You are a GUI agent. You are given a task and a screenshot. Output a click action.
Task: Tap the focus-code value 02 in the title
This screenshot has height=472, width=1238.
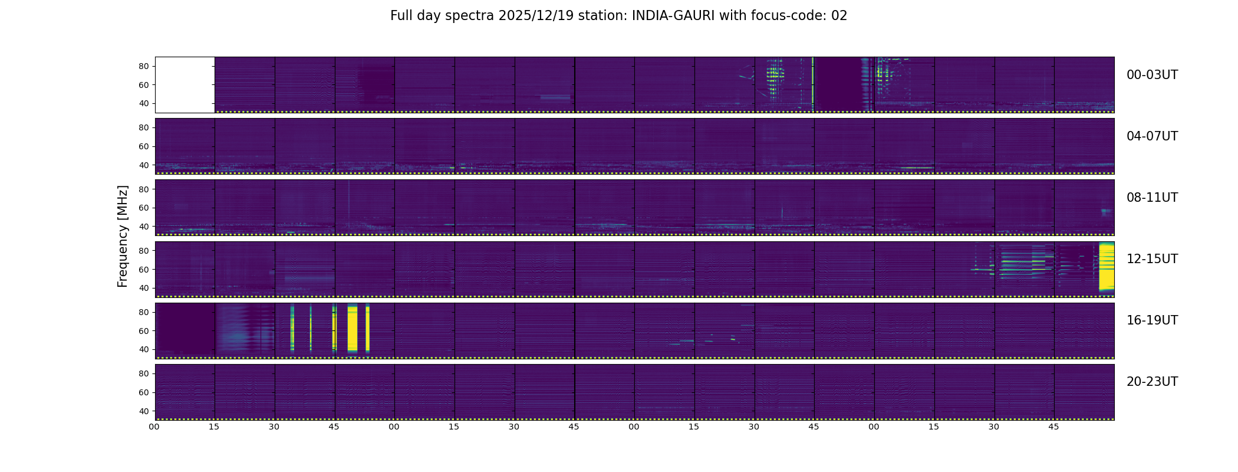coord(839,16)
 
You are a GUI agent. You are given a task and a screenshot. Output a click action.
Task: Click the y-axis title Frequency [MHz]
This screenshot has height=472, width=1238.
coord(123,237)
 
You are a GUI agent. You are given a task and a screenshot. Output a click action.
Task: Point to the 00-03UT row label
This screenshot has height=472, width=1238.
coord(1152,75)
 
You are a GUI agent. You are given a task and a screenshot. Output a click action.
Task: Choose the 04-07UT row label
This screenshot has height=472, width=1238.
coord(1152,136)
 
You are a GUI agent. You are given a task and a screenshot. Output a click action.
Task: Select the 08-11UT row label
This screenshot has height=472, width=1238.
coord(1152,198)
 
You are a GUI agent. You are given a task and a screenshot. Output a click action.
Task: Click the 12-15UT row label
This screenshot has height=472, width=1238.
coord(1152,259)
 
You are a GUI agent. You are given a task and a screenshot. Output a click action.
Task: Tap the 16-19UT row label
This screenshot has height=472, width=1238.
coord(1152,320)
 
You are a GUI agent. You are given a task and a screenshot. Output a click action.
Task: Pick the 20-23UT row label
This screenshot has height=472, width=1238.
coord(1152,382)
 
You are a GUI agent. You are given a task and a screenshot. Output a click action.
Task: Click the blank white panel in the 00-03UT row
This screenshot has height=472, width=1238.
coord(185,85)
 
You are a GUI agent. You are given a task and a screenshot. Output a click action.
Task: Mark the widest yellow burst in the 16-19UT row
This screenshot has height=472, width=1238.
coord(353,328)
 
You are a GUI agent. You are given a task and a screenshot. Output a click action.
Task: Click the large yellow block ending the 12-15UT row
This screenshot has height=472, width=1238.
coord(1107,267)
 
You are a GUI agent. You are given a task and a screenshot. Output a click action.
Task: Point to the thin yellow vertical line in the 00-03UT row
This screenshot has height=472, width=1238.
coord(813,84)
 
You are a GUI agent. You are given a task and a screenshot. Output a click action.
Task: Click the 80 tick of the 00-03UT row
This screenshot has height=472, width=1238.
coord(144,67)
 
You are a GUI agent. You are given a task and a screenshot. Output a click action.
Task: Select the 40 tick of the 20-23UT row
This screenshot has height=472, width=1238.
coord(144,411)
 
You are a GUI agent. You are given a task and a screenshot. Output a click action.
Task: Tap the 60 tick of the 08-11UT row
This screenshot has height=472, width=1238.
coord(144,208)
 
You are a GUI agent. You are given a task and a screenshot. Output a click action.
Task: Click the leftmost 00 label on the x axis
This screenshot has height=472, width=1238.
coord(154,427)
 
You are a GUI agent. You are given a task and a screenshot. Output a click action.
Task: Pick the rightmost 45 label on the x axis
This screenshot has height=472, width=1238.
coord(1053,427)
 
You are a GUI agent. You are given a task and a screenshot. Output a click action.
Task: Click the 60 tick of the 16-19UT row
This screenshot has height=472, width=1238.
coord(144,331)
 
